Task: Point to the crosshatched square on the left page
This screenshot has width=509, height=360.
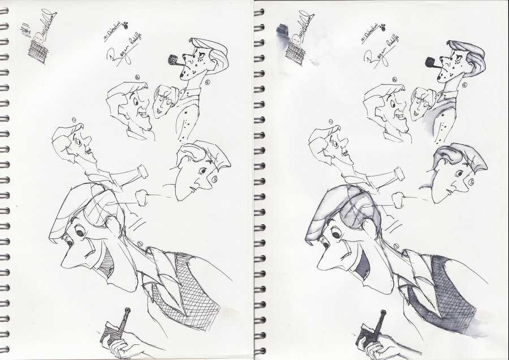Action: (38, 53)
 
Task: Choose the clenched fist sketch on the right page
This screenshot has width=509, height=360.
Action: (399, 199)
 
